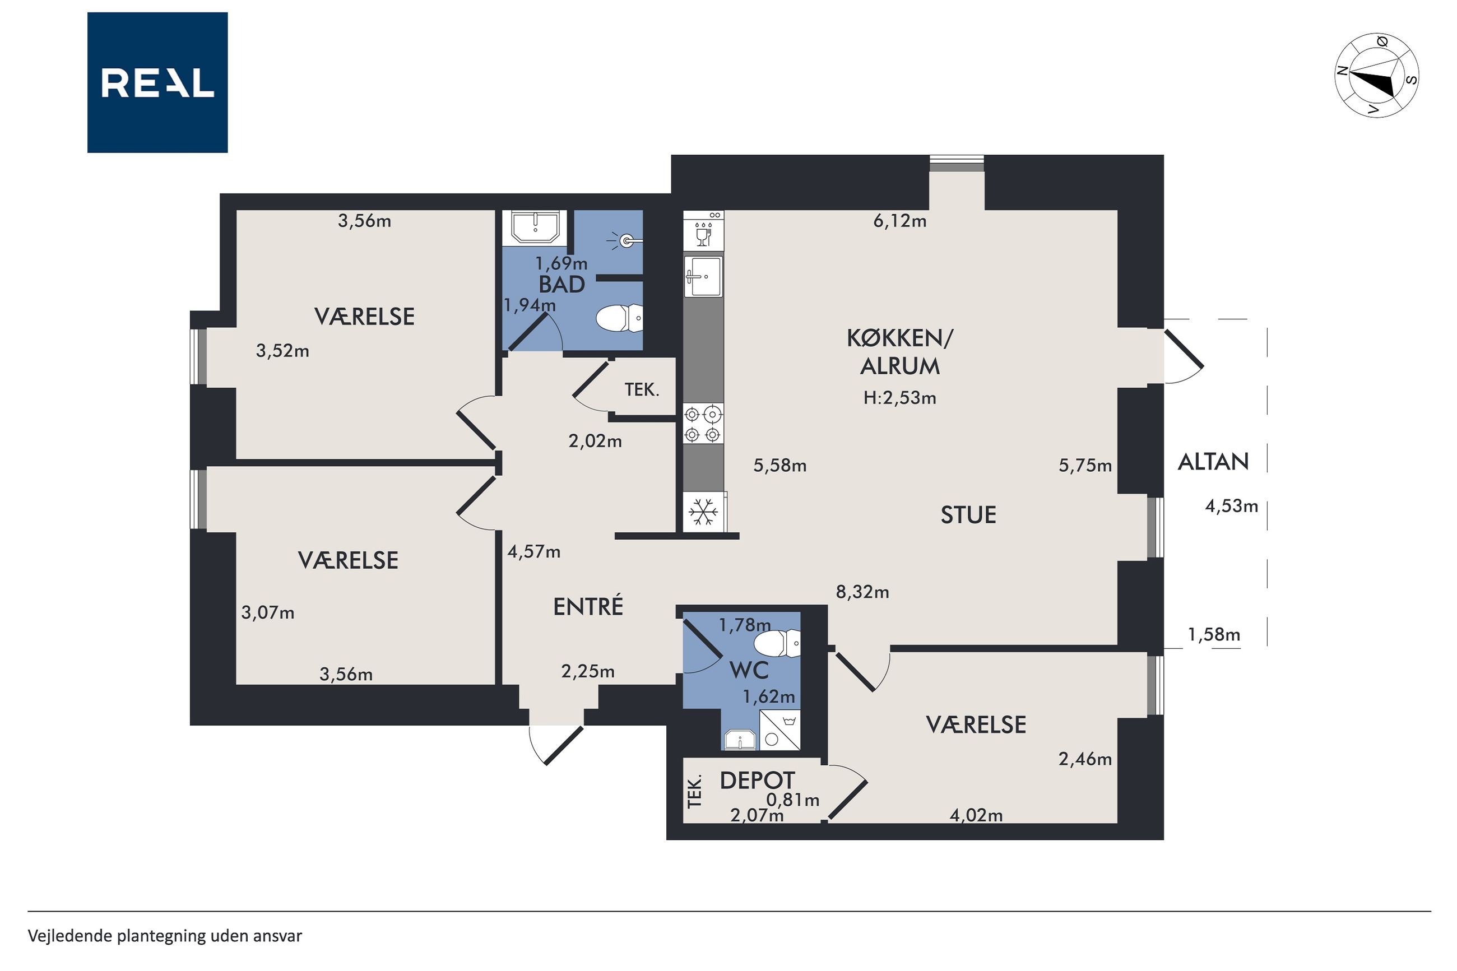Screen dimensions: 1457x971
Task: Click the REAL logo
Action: point(157,82)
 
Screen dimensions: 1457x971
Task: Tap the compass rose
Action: point(1376,75)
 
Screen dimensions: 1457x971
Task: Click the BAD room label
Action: point(562,285)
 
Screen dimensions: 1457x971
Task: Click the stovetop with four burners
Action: point(703,423)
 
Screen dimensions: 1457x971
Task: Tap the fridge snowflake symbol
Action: point(703,512)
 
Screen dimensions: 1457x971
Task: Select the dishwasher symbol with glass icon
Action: point(703,230)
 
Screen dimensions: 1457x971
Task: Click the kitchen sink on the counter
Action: point(703,276)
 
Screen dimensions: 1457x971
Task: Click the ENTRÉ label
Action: point(588,606)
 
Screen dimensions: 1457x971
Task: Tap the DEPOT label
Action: point(757,780)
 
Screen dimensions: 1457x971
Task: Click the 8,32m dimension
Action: point(862,593)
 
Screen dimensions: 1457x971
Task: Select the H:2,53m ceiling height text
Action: point(900,398)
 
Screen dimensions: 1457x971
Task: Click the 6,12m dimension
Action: point(900,221)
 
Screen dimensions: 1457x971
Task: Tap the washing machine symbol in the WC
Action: point(779,730)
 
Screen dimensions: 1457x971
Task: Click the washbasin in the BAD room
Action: point(536,227)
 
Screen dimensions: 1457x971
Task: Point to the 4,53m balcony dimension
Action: point(1232,507)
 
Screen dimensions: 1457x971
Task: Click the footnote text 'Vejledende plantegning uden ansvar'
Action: point(165,936)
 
